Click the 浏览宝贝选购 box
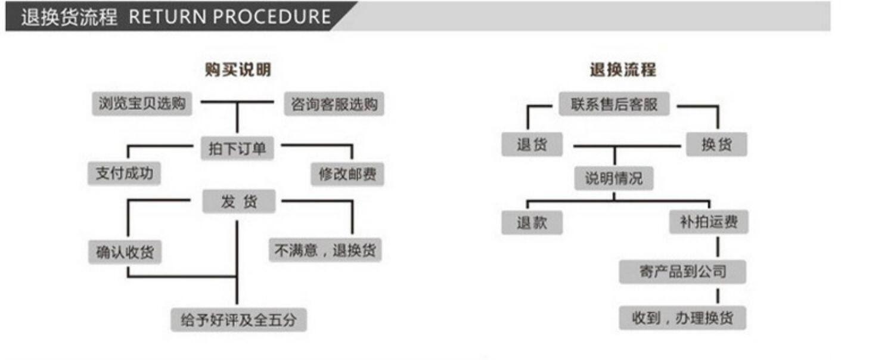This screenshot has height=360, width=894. pyautogui.click(x=142, y=104)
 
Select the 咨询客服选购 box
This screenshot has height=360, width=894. pyautogui.click(x=334, y=104)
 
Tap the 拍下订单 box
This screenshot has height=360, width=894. pyautogui.click(x=237, y=148)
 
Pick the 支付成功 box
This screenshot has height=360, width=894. pyautogui.click(x=124, y=173)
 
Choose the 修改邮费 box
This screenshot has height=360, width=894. pyautogui.click(x=347, y=174)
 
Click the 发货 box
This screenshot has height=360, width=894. pyautogui.click(x=239, y=201)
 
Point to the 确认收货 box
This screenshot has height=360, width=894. pyautogui.click(x=125, y=252)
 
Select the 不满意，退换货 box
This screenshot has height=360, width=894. pyautogui.click(x=325, y=250)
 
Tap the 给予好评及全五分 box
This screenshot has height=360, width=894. pyautogui.click(x=238, y=320)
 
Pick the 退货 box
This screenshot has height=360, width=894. pyautogui.click(x=532, y=144)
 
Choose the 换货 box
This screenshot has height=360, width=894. pyautogui.click(x=716, y=144)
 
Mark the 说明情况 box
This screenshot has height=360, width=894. pyautogui.click(x=613, y=178)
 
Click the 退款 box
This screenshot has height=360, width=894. pyautogui.click(x=532, y=223)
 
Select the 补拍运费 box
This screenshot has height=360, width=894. pyautogui.click(x=709, y=222)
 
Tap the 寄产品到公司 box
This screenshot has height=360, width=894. pyautogui.click(x=682, y=272)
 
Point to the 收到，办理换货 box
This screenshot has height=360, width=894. pyautogui.click(x=682, y=318)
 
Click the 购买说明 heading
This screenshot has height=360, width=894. pyautogui.click(x=238, y=70)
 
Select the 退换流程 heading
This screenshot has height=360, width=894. pyautogui.click(x=623, y=70)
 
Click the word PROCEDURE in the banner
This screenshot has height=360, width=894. pyautogui.click(x=271, y=17)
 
